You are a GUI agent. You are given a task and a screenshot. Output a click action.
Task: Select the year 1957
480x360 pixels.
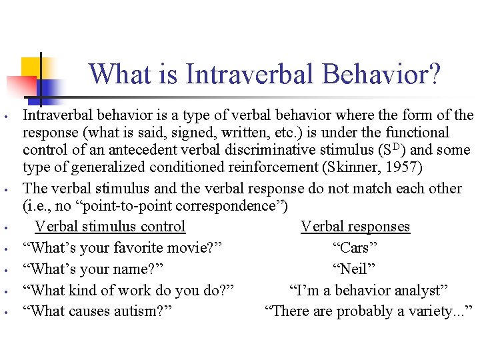[x=419, y=166]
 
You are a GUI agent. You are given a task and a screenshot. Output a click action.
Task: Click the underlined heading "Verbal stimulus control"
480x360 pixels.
[x=110, y=227]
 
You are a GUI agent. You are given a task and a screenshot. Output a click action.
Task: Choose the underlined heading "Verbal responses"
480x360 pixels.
[x=355, y=227]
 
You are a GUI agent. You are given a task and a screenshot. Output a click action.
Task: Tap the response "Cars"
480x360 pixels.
[x=355, y=248]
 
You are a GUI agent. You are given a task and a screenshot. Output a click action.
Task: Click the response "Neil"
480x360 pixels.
[x=355, y=269]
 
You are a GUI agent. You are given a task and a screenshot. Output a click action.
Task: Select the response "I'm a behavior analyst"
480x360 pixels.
[x=369, y=291]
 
